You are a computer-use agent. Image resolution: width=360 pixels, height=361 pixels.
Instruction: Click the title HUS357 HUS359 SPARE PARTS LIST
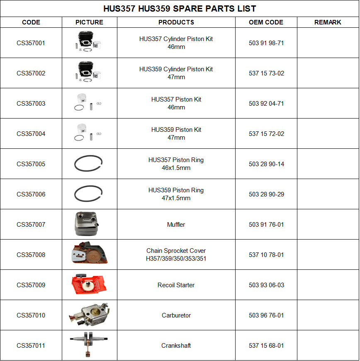coord(180,9)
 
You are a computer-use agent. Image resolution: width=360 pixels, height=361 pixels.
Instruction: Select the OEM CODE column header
coord(266,22)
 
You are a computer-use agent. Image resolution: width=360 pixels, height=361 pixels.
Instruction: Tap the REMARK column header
coord(328,22)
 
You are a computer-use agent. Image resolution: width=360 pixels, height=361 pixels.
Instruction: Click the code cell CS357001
coord(31,43)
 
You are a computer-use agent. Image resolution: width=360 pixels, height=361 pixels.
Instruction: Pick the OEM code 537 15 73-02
coord(266,73)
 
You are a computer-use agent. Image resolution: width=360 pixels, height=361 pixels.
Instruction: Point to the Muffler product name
coord(176,225)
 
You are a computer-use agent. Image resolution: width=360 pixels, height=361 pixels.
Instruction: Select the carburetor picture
coord(89,315)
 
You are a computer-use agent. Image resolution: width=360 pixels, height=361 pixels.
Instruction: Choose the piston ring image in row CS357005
coord(88,164)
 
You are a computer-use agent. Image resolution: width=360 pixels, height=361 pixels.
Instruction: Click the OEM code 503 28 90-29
coord(266,194)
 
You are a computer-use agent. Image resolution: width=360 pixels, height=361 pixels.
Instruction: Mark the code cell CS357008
coord(31,255)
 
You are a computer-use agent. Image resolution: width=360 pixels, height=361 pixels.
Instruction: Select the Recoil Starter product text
coord(176,285)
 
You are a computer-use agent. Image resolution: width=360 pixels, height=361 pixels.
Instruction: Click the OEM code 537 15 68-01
coord(266,346)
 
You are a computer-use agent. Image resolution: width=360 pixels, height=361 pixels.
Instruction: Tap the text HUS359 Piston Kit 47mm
coord(176,133)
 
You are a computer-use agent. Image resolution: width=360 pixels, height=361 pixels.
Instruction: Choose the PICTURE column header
coord(89,22)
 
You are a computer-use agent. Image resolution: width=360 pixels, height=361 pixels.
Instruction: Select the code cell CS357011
coord(31,346)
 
